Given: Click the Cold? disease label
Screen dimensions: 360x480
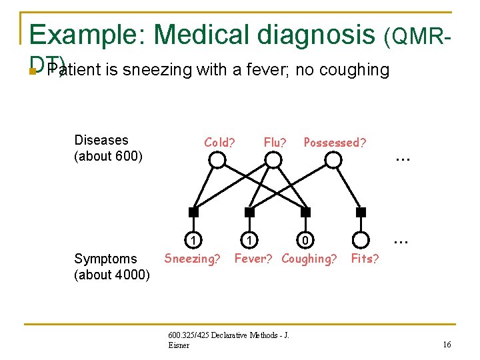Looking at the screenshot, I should (x=219, y=142).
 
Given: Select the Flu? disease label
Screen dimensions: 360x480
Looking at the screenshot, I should (x=275, y=142).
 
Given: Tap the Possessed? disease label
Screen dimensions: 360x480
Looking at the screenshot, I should (x=335, y=142).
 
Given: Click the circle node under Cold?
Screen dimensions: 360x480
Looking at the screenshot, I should (x=217, y=160).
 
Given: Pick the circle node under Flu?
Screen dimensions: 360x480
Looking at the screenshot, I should (x=273, y=160).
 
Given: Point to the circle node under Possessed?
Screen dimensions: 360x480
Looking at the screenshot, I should (x=333, y=160).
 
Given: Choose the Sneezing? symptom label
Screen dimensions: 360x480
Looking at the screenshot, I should (x=192, y=259).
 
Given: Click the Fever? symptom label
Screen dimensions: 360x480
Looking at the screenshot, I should (x=254, y=259).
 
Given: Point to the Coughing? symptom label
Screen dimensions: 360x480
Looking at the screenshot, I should (x=309, y=259).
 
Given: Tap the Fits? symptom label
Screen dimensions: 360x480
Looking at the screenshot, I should (x=365, y=259).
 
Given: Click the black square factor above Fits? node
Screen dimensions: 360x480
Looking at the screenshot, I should (x=361, y=212).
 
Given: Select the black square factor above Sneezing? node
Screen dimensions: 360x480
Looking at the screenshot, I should (x=193, y=212).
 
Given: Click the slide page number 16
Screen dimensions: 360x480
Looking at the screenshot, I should (x=446, y=344).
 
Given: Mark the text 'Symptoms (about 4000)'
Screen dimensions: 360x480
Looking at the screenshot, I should (x=112, y=267).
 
